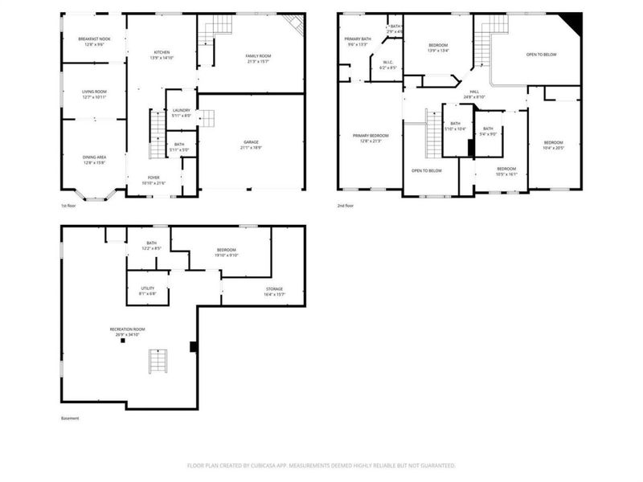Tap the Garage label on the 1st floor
click(252, 142)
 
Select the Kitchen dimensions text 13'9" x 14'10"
click(162, 58)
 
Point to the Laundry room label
click(181, 110)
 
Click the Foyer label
click(153, 178)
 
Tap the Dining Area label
click(93, 157)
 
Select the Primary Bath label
click(357, 39)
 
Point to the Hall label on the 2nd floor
click(475, 92)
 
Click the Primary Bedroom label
click(371, 136)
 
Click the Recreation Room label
click(127, 329)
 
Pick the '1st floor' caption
click(70, 206)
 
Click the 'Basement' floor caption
click(70, 419)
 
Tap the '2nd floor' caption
click(346, 206)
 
